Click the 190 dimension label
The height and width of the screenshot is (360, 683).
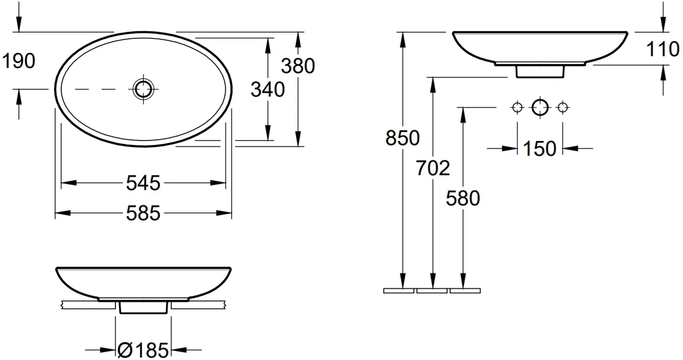click(x=18, y=61)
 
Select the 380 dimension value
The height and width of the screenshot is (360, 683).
click(x=298, y=66)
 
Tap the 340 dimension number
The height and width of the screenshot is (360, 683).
click(x=268, y=90)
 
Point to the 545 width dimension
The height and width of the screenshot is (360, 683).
click(x=144, y=183)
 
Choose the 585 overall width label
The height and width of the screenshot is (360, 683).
click(x=144, y=213)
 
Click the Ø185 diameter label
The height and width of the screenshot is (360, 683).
click(x=143, y=350)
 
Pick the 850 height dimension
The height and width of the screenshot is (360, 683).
click(x=403, y=138)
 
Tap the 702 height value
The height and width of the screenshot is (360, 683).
click(x=433, y=168)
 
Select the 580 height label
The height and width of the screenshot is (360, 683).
click(x=463, y=198)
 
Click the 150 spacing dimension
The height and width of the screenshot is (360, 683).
click(x=539, y=149)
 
